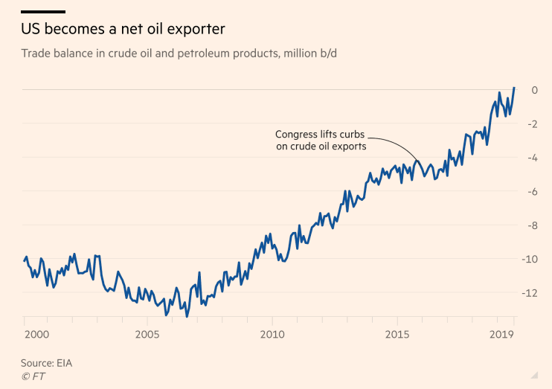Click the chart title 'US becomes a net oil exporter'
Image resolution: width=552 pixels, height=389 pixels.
click(123, 30)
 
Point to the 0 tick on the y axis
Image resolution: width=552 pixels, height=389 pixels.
click(534, 90)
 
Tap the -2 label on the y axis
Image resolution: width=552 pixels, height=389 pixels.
click(532, 123)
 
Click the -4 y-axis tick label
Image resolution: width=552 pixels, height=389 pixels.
click(532, 158)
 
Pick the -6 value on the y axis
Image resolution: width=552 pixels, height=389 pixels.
click(532, 191)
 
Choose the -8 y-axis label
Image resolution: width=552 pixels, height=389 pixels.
click(532, 225)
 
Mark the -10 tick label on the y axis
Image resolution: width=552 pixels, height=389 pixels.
click(530, 259)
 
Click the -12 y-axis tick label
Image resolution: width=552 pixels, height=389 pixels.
click(530, 293)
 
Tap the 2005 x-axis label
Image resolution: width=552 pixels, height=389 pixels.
click(147, 335)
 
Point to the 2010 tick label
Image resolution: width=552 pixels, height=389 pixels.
click(272, 335)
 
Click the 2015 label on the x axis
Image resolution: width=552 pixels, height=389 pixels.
click(397, 335)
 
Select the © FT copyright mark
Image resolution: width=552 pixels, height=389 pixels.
click(34, 376)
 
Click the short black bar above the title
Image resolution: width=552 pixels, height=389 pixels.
click(43, 12)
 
